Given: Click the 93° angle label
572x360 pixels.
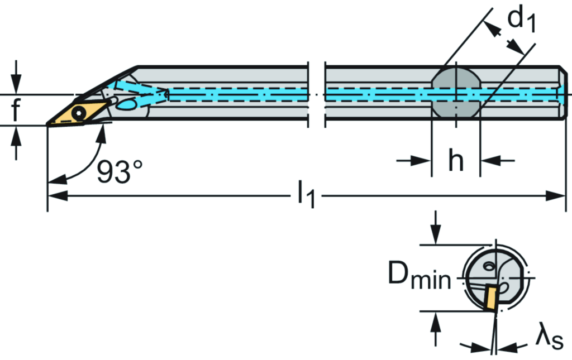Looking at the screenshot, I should coord(121,172).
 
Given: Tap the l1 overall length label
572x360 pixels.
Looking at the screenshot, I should coord(306,196).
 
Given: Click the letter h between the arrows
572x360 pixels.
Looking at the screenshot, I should coord(456,161).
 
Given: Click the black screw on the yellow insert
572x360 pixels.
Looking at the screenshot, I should coord(80,112).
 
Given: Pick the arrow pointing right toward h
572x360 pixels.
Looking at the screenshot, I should coord(422,161).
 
